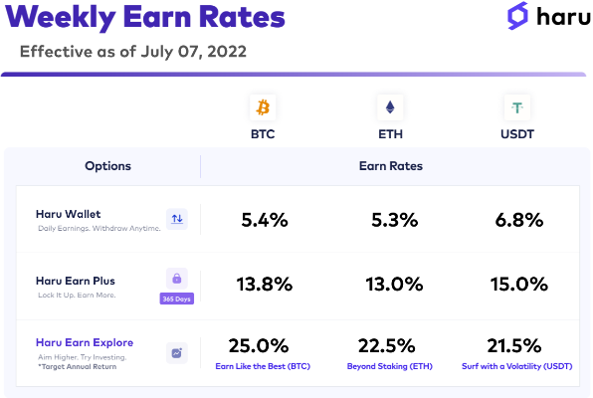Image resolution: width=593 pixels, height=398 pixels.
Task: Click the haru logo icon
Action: [517, 16]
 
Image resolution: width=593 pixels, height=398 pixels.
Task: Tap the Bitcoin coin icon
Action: [263, 107]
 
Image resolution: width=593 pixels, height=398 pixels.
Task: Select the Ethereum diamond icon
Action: [390, 107]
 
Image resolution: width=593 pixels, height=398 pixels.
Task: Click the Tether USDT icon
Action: [517, 107]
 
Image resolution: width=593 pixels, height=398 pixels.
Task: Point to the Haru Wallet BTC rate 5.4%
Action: [265, 220]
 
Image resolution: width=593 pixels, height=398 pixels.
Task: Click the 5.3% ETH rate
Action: [394, 220]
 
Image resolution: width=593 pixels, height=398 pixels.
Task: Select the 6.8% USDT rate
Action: [519, 220]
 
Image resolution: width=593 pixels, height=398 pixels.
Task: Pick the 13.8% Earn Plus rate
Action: [265, 285]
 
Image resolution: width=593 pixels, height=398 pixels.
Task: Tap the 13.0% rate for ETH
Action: [394, 285]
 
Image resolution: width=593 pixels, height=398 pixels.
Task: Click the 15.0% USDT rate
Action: [519, 285]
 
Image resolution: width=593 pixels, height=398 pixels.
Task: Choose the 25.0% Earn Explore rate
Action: [259, 346]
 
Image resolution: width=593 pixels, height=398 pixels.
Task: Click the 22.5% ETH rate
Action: [386, 346]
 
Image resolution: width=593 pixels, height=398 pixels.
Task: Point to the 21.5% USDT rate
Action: [514, 346]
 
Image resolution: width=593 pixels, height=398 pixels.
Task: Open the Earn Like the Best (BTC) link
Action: [263, 366]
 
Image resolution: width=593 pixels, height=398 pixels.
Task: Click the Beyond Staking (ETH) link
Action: [390, 366]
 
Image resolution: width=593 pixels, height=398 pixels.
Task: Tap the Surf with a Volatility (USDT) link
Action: [517, 366]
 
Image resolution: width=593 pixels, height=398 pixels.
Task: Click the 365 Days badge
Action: [177, 298]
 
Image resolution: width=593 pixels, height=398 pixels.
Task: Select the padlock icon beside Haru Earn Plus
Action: [177, 279]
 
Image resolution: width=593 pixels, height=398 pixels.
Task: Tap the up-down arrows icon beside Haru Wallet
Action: [177, 219]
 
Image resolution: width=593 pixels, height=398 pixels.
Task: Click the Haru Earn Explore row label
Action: [85, 342]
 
